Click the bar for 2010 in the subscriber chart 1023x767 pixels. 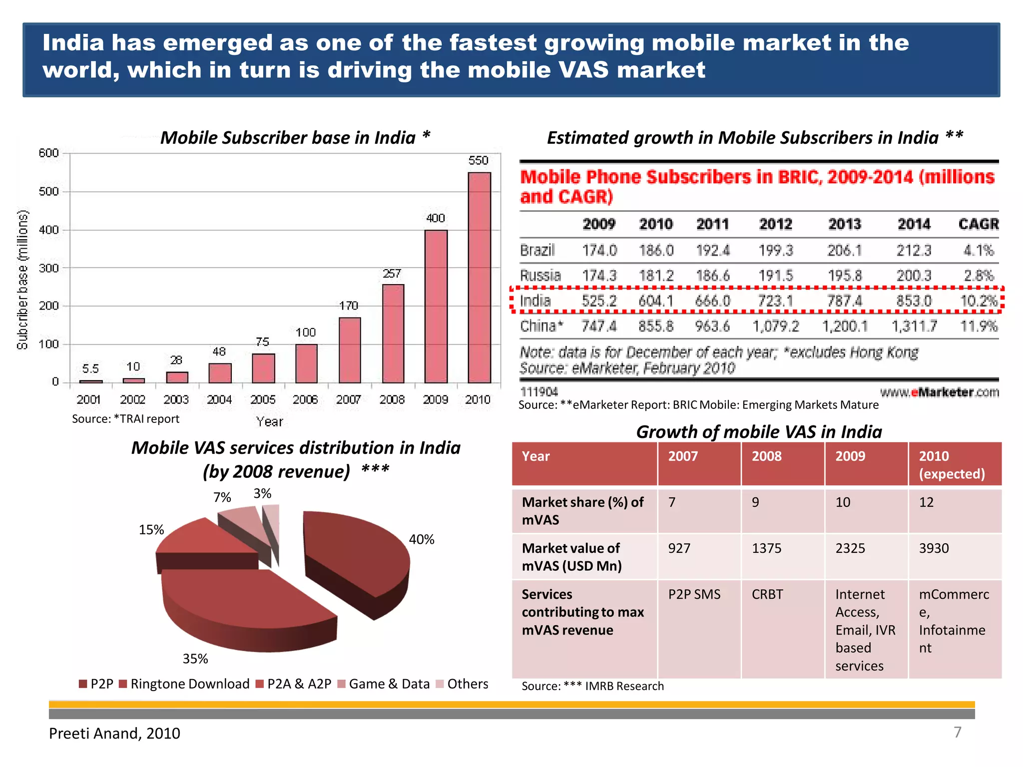tap(479, 277)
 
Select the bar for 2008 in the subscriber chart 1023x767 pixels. tap(393, 333)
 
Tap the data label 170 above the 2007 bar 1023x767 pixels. tap(349, 306)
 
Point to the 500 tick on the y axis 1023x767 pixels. tap(49, 192)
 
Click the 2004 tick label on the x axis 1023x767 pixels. tap(219, 399)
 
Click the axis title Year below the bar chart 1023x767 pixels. tap(269, 422)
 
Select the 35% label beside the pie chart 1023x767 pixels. tap(195, 659)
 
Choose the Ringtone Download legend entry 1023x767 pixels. tap(185, 684)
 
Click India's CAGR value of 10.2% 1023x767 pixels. tap(979, 301)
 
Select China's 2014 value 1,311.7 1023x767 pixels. tap(914, 327)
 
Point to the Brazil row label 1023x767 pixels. tap(537, 250)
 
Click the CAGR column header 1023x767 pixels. tap(978, 224)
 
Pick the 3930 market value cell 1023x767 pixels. tap(934, 548)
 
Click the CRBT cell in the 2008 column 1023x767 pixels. tap(767, 594)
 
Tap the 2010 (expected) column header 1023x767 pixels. tap(952, 464)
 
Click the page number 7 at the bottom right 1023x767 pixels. tap(957, 732)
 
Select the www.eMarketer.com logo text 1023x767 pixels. tap(939, 392)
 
